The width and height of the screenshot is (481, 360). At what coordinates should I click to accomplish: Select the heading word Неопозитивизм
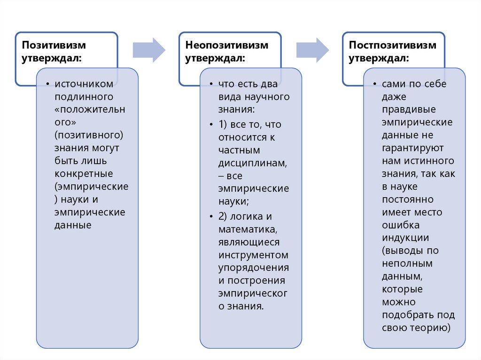[227, 45]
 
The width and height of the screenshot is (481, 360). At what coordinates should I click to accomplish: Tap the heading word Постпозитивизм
[393, 45]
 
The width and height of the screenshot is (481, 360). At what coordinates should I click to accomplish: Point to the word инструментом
[253, 255]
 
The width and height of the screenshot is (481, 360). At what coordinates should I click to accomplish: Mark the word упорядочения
[253, 268]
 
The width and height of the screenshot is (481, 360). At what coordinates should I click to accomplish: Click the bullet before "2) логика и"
[210, 217]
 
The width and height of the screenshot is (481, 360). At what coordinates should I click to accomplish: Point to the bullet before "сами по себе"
[374, 84]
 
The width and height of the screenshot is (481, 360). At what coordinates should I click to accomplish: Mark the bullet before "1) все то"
[210, 125]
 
